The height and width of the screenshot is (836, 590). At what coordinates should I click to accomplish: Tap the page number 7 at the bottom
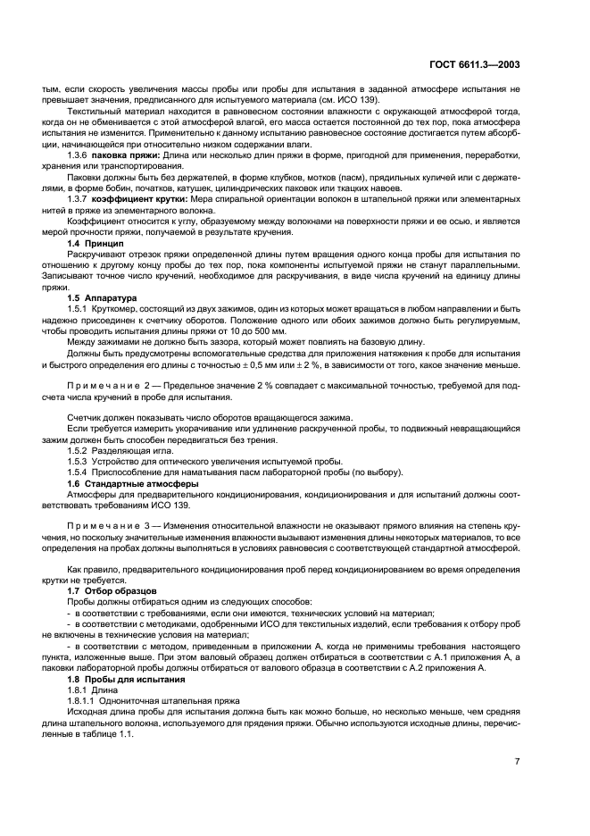(517, 761)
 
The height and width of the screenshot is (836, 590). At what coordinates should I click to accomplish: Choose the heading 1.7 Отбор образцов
(109, 591)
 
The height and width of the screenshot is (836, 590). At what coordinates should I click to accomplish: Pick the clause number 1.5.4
(79, 472)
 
